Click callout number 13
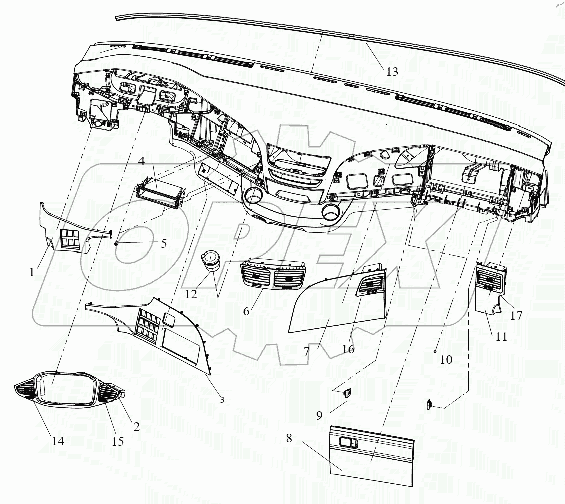(392, 72)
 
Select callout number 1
(32, 272)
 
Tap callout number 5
(163, 244)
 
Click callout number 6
(246, 311)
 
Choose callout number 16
(348, 349)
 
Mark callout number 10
(446, 359)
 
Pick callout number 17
(516, 316)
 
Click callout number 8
(289, 438)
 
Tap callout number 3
(222, 400)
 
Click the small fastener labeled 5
(116, 243)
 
